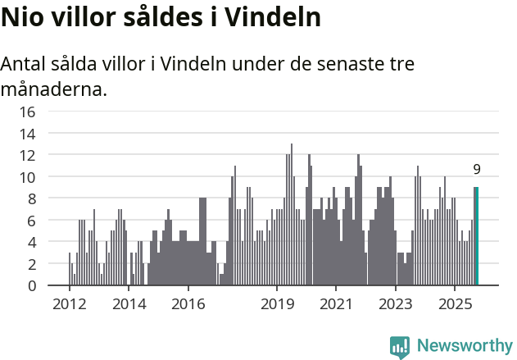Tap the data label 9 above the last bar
click(x=477, y=170)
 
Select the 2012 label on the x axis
click(x=69, y=304)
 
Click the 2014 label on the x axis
click(x=129, y=304)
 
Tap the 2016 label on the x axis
click(x=188, y=304)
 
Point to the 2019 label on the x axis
click(x=277, y=304)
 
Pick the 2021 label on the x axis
click(x=337, y=304)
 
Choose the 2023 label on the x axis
click(x=396, y=304)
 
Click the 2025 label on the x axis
click(x=456, y=304)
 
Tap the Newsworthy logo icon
click(x=400, y=347)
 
